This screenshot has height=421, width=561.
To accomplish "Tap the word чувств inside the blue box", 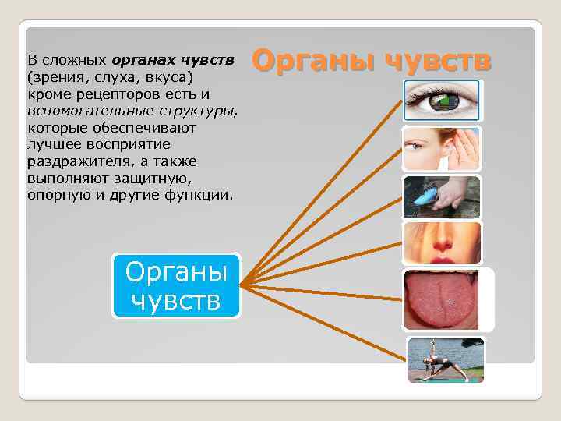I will (176, 299).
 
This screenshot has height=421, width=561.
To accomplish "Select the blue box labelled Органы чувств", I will (176, 285).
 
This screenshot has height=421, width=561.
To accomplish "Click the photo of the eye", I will (443, 101).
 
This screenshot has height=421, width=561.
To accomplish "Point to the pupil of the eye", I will (446, 101).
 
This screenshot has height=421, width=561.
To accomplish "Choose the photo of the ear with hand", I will (442, 148).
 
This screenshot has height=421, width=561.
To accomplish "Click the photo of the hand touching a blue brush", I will (442, 196).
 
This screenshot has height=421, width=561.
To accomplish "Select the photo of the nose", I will (442, 242).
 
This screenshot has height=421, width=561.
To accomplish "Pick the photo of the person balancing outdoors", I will (446, 359).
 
